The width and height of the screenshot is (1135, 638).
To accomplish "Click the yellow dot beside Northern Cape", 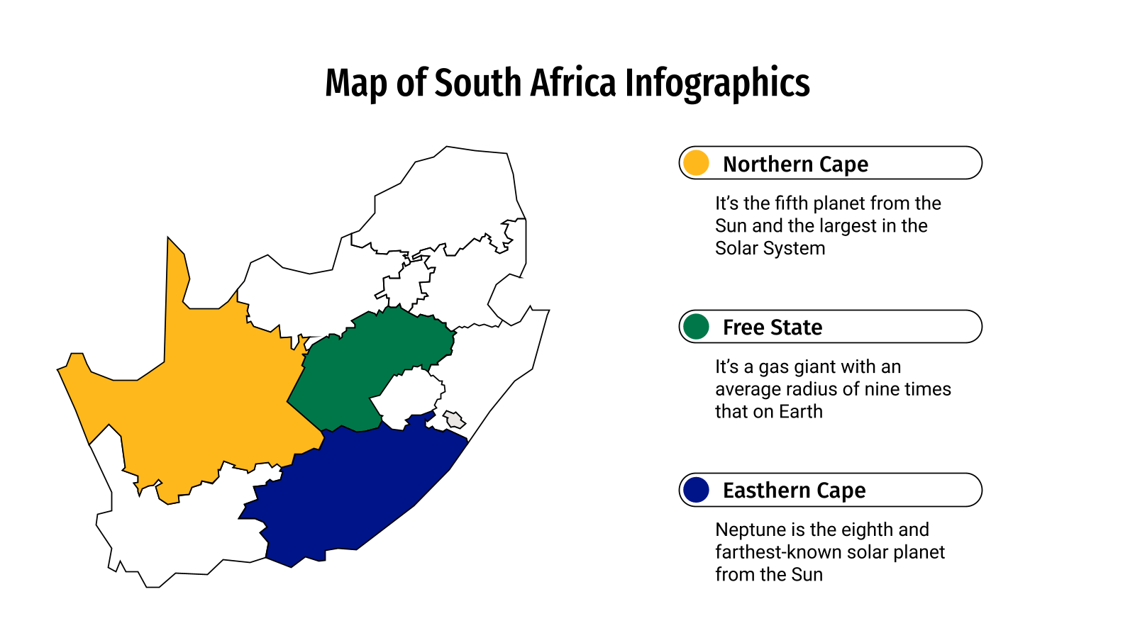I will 697,163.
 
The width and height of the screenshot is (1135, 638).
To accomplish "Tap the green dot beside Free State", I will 697,327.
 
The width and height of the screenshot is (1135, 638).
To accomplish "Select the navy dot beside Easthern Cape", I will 697,490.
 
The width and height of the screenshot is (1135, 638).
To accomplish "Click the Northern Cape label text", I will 795,164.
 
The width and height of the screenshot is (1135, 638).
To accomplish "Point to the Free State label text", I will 773,328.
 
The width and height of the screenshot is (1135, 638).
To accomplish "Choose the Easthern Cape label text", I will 794,491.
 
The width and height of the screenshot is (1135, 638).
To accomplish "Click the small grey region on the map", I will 454,420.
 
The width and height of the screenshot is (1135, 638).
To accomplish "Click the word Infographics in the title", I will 717,84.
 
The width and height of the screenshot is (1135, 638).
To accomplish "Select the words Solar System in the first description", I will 770,248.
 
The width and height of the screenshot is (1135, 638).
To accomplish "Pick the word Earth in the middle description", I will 800,411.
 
